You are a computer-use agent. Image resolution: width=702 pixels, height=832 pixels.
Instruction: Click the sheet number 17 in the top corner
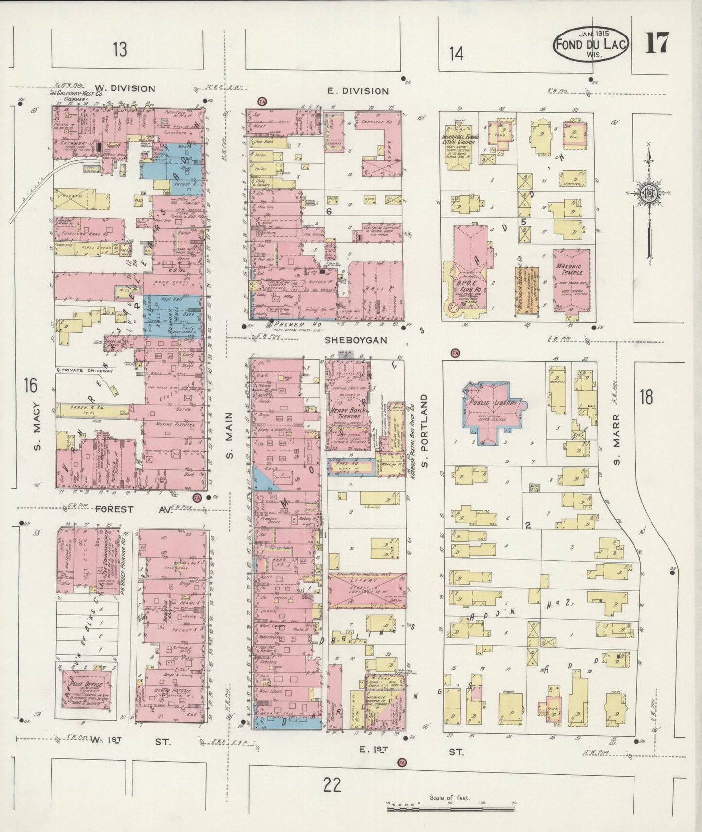click(x=657, y=43)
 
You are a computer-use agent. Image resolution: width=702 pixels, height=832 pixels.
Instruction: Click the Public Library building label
click(x=493, y=404)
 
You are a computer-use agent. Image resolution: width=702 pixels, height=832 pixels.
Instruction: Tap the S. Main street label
click(x=230, y=435)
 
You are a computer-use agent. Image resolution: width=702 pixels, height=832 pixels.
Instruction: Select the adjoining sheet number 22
click(x=331, y=784)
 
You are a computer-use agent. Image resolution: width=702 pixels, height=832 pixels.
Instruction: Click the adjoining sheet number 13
click(x=120, y=49)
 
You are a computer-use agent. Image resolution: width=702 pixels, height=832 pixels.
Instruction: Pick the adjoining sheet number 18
click(x=646, y=397)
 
